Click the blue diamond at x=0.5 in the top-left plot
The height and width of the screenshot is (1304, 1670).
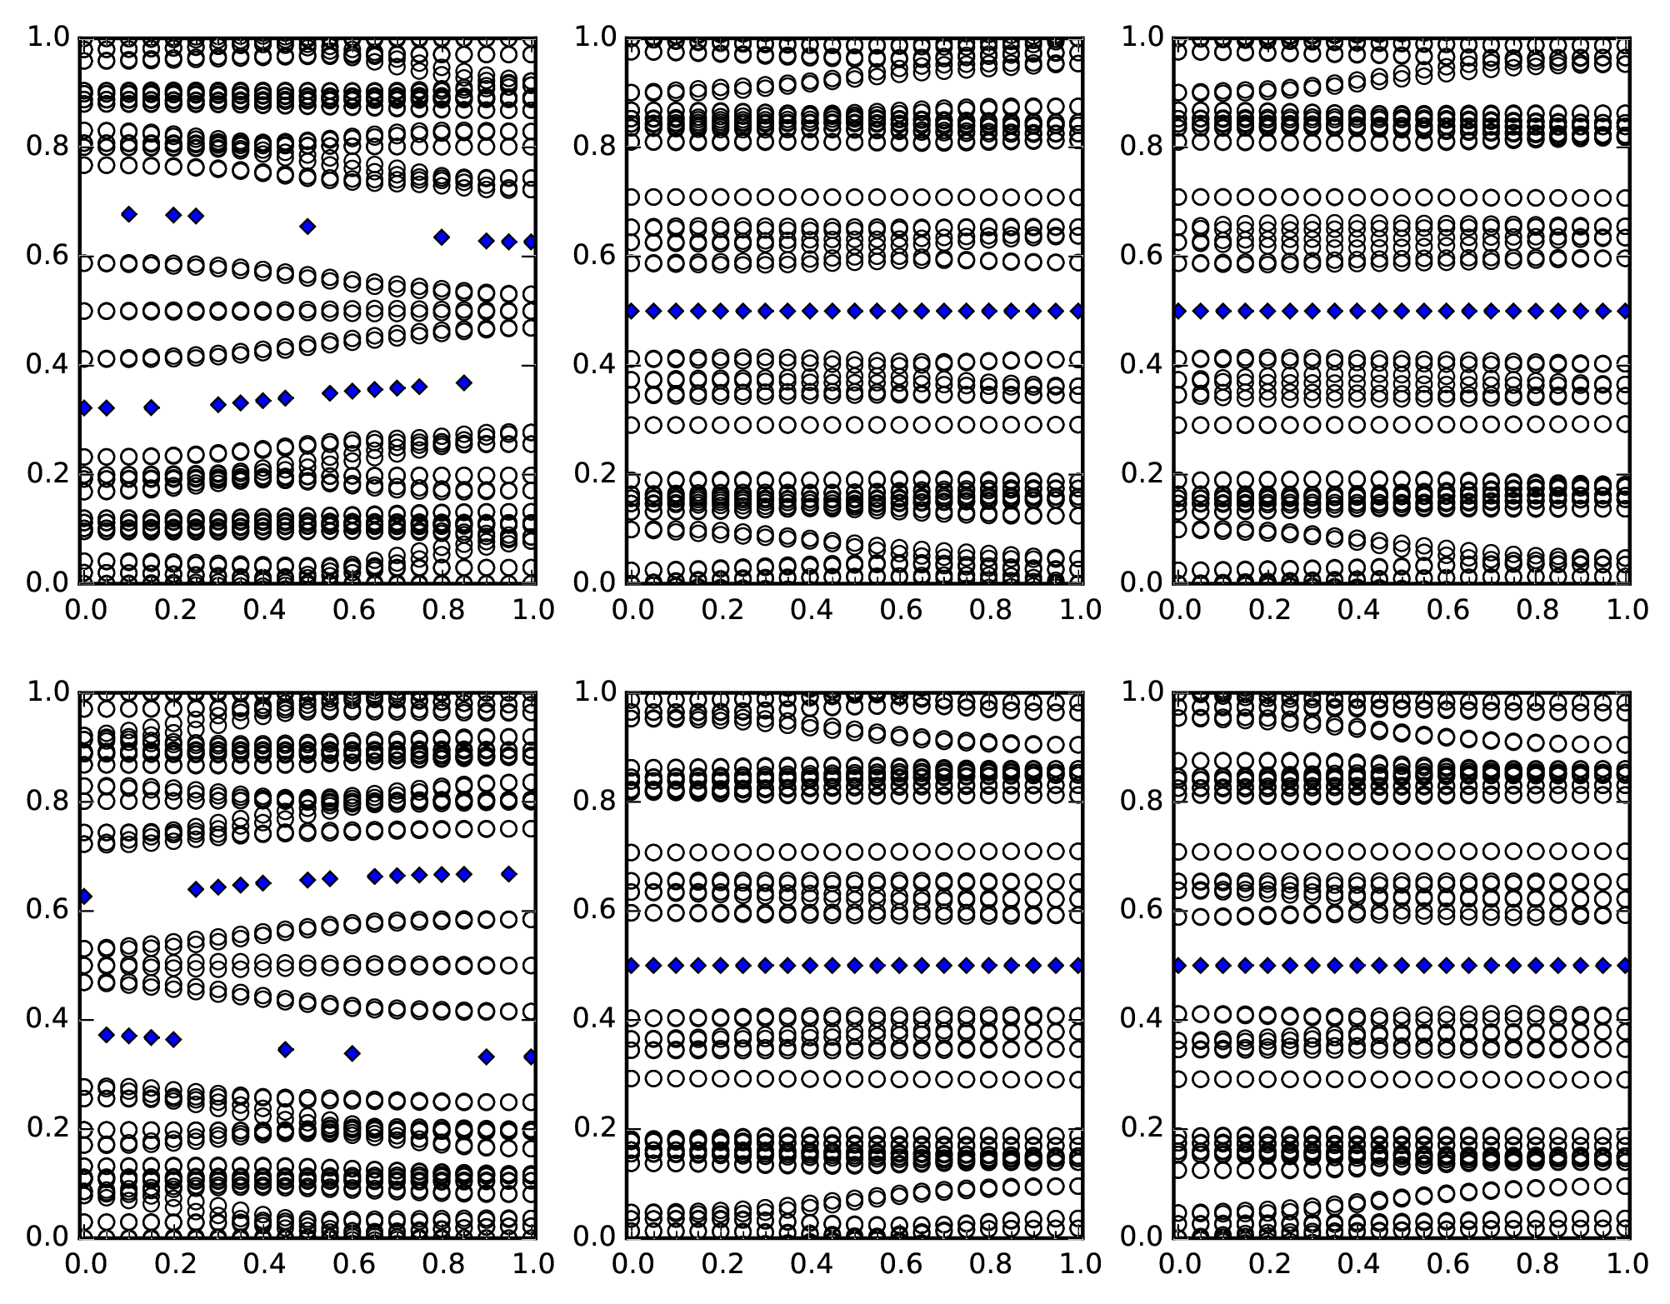point(307,226)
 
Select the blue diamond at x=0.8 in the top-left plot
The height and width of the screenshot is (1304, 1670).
point(442,237)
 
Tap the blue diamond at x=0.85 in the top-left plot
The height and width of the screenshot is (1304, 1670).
point(464,383)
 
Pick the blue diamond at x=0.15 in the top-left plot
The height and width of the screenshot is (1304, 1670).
point(151,407)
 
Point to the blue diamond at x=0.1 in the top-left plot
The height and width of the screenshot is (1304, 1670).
point(128,214)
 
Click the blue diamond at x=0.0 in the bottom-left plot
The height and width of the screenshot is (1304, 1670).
point(83,897)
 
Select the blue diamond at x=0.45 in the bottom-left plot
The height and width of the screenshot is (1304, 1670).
point(285,1049)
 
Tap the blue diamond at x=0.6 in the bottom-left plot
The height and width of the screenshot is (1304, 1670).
point(352,1053)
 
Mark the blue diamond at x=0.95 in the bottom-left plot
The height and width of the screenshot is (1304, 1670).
point(508,873)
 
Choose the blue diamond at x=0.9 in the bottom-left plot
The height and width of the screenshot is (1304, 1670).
point(486,1057)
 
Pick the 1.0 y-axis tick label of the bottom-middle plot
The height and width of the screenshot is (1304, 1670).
point(595,692)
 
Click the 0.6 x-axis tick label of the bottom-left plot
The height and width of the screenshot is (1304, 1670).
point(352,1263)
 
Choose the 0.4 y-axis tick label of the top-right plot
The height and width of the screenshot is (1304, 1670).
point(1142,365)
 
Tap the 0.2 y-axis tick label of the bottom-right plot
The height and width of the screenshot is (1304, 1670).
point(1142,1128)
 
